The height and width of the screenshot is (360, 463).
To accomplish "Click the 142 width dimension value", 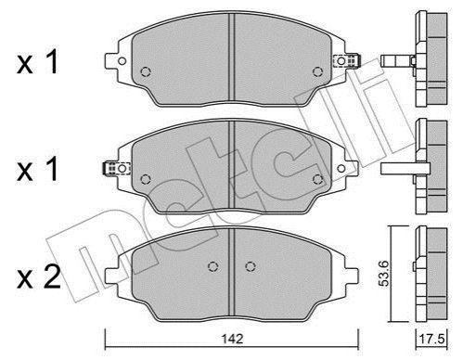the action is click(x=232, y=339).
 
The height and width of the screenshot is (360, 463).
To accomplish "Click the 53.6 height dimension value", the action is click(x=384, y=274).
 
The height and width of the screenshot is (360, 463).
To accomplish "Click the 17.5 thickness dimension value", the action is click(x=431, y=340).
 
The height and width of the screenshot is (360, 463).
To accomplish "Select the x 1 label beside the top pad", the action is click(x=37, y=62).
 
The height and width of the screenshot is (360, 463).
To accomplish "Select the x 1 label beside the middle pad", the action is click(x=37, y=169).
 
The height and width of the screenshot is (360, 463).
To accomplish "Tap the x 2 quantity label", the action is click(x=39, y=277).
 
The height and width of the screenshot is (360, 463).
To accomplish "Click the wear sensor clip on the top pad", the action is click(x=347, y=60).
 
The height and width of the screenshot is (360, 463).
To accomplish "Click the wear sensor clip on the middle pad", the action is click(x=116, y=169).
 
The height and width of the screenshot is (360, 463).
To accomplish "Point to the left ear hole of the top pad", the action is click(x=122, y=61).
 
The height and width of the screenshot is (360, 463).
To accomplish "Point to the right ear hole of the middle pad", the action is click(x=341, y=169).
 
